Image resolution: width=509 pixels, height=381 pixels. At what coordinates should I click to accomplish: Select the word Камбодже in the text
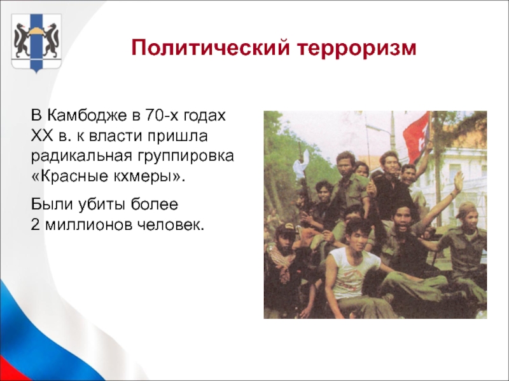[87, 116]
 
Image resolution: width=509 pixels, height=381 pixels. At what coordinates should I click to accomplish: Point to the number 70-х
[162, 115]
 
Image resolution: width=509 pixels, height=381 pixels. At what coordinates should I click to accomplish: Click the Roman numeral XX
[42, 136]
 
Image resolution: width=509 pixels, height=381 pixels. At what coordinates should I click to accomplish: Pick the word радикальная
[81, 157]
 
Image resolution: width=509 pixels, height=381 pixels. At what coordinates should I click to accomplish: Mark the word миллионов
[88, 225]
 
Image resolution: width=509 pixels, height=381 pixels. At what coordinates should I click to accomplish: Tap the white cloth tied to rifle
[301, 168]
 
